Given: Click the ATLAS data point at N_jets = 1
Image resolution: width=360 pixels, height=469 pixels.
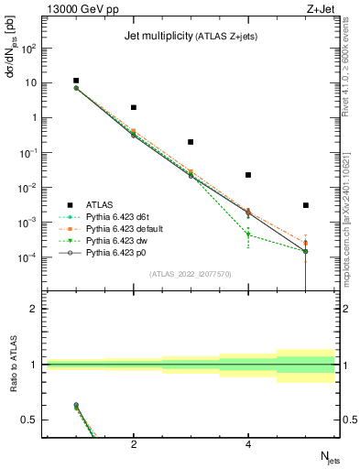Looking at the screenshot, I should click(x=77, y=81).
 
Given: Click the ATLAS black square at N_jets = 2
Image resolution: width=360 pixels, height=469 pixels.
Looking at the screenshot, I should click(x=134, y=107).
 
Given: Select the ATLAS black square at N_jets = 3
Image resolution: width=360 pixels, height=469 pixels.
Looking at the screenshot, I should click(x=191, y=142).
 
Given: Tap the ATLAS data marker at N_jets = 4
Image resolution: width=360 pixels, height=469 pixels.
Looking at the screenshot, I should click(x=248, y=175).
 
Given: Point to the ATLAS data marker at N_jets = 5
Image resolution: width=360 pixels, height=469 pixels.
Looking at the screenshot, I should click(x=306, y=205).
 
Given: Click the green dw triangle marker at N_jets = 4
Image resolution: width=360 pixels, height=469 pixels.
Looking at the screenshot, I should click(x=248, y=234).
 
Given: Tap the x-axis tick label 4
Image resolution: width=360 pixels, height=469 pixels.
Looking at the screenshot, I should click(x=248, y=444).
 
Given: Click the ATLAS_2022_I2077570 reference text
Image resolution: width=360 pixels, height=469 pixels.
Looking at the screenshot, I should click(x=190, y=273).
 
